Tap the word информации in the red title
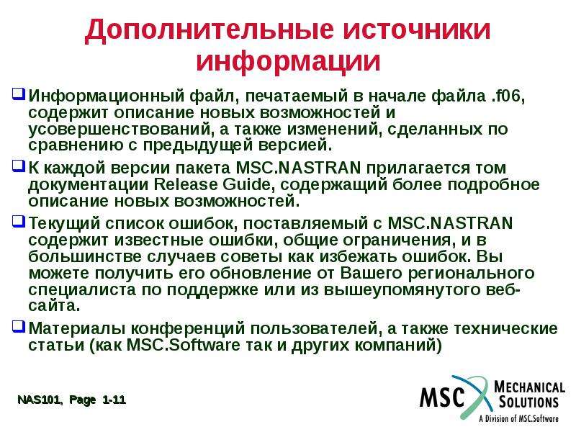coord(288,60)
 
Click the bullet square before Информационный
coord(19,94)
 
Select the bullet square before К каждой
coord(19,166)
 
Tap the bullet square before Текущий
coord(19,221)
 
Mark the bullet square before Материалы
coord(19,326)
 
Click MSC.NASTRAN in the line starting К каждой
coord(298,168)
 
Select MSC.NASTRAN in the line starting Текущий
coord(450,223)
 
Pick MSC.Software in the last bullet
coord(183,346)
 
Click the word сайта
coord(53,306)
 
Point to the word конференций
coord(188,329)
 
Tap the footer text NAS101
coord(40,400)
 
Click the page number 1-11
coord(114,400)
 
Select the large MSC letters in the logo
coord(442,397)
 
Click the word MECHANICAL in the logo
coord(529,387)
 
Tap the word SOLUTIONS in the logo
coord(528,402)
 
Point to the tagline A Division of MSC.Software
coord(518,418)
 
